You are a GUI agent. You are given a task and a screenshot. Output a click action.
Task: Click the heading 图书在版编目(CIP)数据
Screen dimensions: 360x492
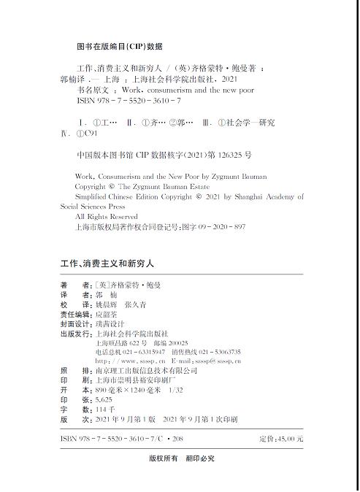pyautogui.click(x=119, y=45)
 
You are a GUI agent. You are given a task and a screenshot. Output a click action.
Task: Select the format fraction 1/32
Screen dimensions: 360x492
pyautogui.click(x=177, y=391)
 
